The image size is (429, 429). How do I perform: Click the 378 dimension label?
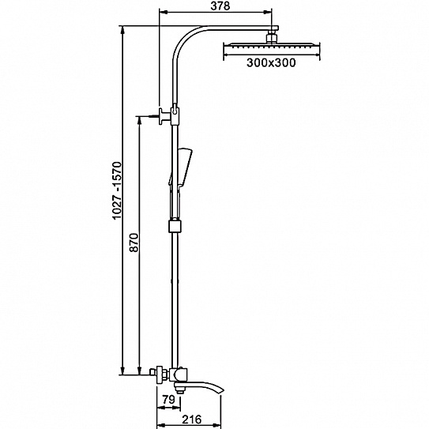point(220,6)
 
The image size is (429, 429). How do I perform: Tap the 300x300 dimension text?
point(271,62)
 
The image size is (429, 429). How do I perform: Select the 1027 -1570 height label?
point(118,190)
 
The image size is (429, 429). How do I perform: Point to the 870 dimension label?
point(134,243)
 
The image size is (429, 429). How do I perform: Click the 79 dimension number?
point(168,400)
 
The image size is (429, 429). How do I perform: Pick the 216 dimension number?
point(192,420)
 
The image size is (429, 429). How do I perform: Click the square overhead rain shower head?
point(272,48)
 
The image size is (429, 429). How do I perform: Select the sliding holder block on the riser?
point(175,226)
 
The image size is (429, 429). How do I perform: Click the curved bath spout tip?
point(221,389)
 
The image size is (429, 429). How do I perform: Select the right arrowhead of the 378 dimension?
point(268,12)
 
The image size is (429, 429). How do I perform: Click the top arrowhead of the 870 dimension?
point(139,120)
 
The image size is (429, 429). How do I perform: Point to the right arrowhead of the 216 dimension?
point(216,426)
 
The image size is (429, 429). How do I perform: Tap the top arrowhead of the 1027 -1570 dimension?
point(122,30)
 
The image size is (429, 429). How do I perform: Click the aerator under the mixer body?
point(180,391)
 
